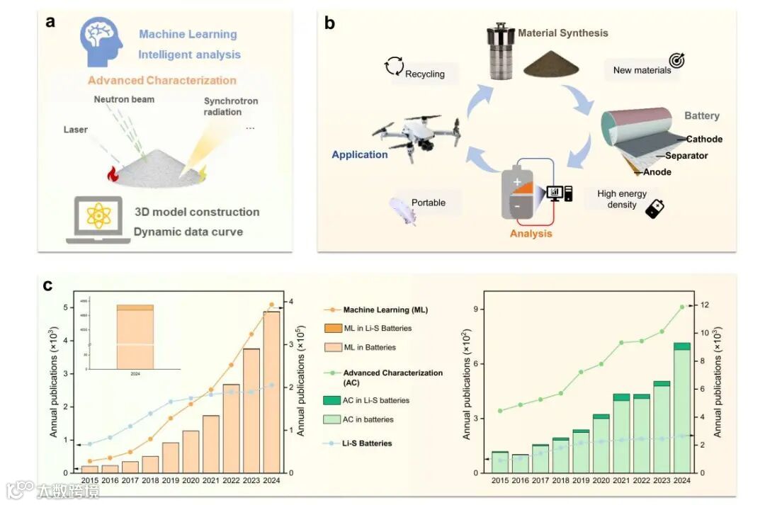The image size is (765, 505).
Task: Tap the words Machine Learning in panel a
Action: tap(188, 34)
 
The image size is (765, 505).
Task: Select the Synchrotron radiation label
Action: tap(231, 106)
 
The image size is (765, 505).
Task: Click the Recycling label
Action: tap(424, 74)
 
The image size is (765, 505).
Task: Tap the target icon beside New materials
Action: tap(677, 61)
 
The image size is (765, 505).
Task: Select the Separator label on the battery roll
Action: tap(686, 156)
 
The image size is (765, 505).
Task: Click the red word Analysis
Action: tap(531, 233)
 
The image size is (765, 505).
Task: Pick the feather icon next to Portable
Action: tap(402, 210)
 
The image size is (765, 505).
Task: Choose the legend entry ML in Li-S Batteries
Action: tap(378, 329)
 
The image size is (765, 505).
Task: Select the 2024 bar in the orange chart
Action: tap(272, 393)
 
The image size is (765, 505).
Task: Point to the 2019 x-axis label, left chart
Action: tap(171, 480)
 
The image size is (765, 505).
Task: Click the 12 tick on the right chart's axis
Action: tap(705, 305)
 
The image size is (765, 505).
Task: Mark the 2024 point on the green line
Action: tap(682, 307)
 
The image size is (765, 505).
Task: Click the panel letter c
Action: tap(48, 286)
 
